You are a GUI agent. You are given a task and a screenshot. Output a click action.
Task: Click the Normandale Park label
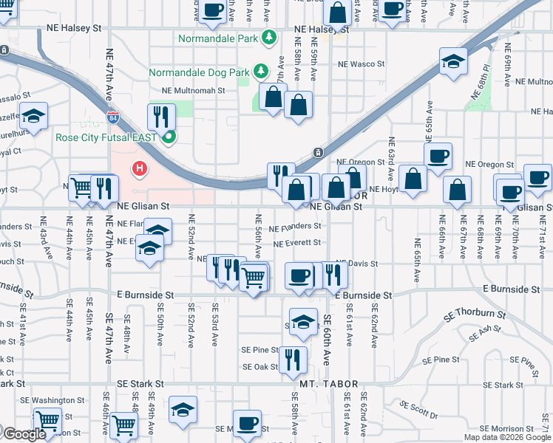coord(220,37)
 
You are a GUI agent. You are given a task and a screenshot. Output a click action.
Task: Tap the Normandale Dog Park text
coord(200,72)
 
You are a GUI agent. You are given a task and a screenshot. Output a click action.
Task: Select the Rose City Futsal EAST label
coord(108,137)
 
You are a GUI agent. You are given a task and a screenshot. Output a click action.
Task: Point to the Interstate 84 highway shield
coord(112,117)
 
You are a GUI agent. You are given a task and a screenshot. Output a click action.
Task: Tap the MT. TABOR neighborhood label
coord(329,385)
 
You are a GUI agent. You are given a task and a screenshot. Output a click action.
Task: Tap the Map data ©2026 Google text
coord(507,437)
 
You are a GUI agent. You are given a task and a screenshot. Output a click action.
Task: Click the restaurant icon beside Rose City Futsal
coord(160,116)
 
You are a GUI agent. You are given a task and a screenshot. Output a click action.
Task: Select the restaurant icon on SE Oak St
coord(293,359)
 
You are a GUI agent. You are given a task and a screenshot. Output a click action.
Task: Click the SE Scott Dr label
coord(418,410)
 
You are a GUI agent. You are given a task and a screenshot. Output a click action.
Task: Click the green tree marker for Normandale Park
coord(271,36)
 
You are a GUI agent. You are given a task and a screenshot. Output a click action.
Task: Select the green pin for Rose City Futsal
coord(170,137)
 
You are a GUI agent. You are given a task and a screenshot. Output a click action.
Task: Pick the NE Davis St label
coord(357,263)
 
